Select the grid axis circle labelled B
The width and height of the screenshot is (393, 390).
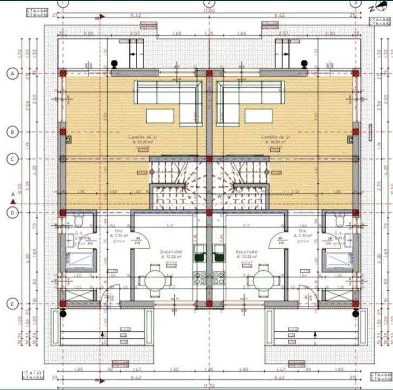[x=11, y=131]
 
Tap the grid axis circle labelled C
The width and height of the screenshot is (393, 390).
[x=11, y=159]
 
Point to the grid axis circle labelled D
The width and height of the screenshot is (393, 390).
[x=11, y=212]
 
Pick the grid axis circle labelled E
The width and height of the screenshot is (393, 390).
[x=11, y=304]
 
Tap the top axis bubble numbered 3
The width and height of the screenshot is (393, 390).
[x=355, y=3]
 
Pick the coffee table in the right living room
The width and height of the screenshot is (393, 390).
[x=258, y=116]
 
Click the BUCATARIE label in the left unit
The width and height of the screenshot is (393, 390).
[x=171, y=252]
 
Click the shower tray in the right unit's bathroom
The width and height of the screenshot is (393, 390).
[x=339, y=261]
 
